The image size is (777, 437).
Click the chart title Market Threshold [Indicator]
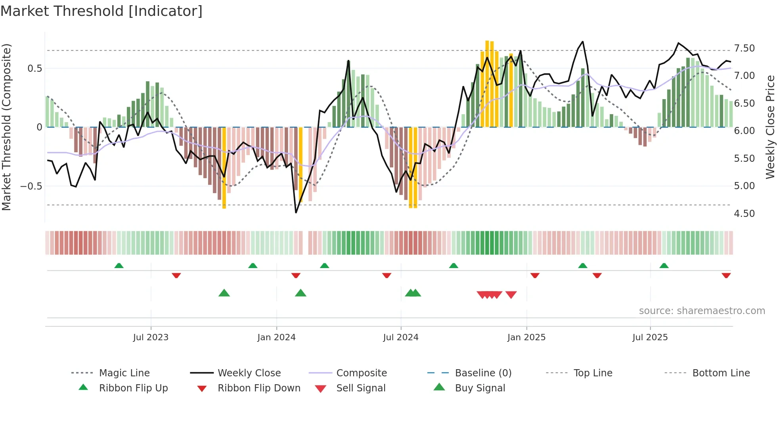click(101, 11)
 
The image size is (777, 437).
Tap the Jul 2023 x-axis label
click(151, 337)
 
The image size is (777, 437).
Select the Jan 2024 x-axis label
click(276, 337)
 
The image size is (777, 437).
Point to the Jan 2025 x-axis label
click(526, 337)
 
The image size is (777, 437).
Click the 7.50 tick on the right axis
click(744, 48)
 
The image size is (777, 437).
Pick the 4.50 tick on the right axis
click(744, 214)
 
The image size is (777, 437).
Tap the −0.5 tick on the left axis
click(31, 186)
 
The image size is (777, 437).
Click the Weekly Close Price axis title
click(770, 127)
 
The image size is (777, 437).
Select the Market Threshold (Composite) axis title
click(6, 127)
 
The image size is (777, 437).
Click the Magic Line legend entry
click(124, 373)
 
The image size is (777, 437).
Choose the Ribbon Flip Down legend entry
click(258, 388)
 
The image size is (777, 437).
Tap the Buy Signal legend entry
click(480, 388)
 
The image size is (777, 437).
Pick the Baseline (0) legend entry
click(483, 373)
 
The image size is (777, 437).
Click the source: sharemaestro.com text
click(702, 311)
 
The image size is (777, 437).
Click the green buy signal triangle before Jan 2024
click(224, 293)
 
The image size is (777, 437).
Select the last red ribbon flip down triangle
click(726, 276)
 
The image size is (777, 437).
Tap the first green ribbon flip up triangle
click(119, 265)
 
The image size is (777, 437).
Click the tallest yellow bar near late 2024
click(487, 83)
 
